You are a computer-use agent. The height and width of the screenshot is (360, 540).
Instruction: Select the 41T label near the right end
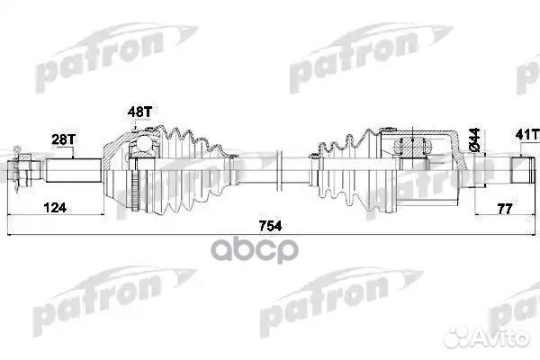coord(525,135)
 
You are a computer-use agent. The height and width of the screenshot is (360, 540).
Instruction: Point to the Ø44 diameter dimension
coord(472,140)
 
